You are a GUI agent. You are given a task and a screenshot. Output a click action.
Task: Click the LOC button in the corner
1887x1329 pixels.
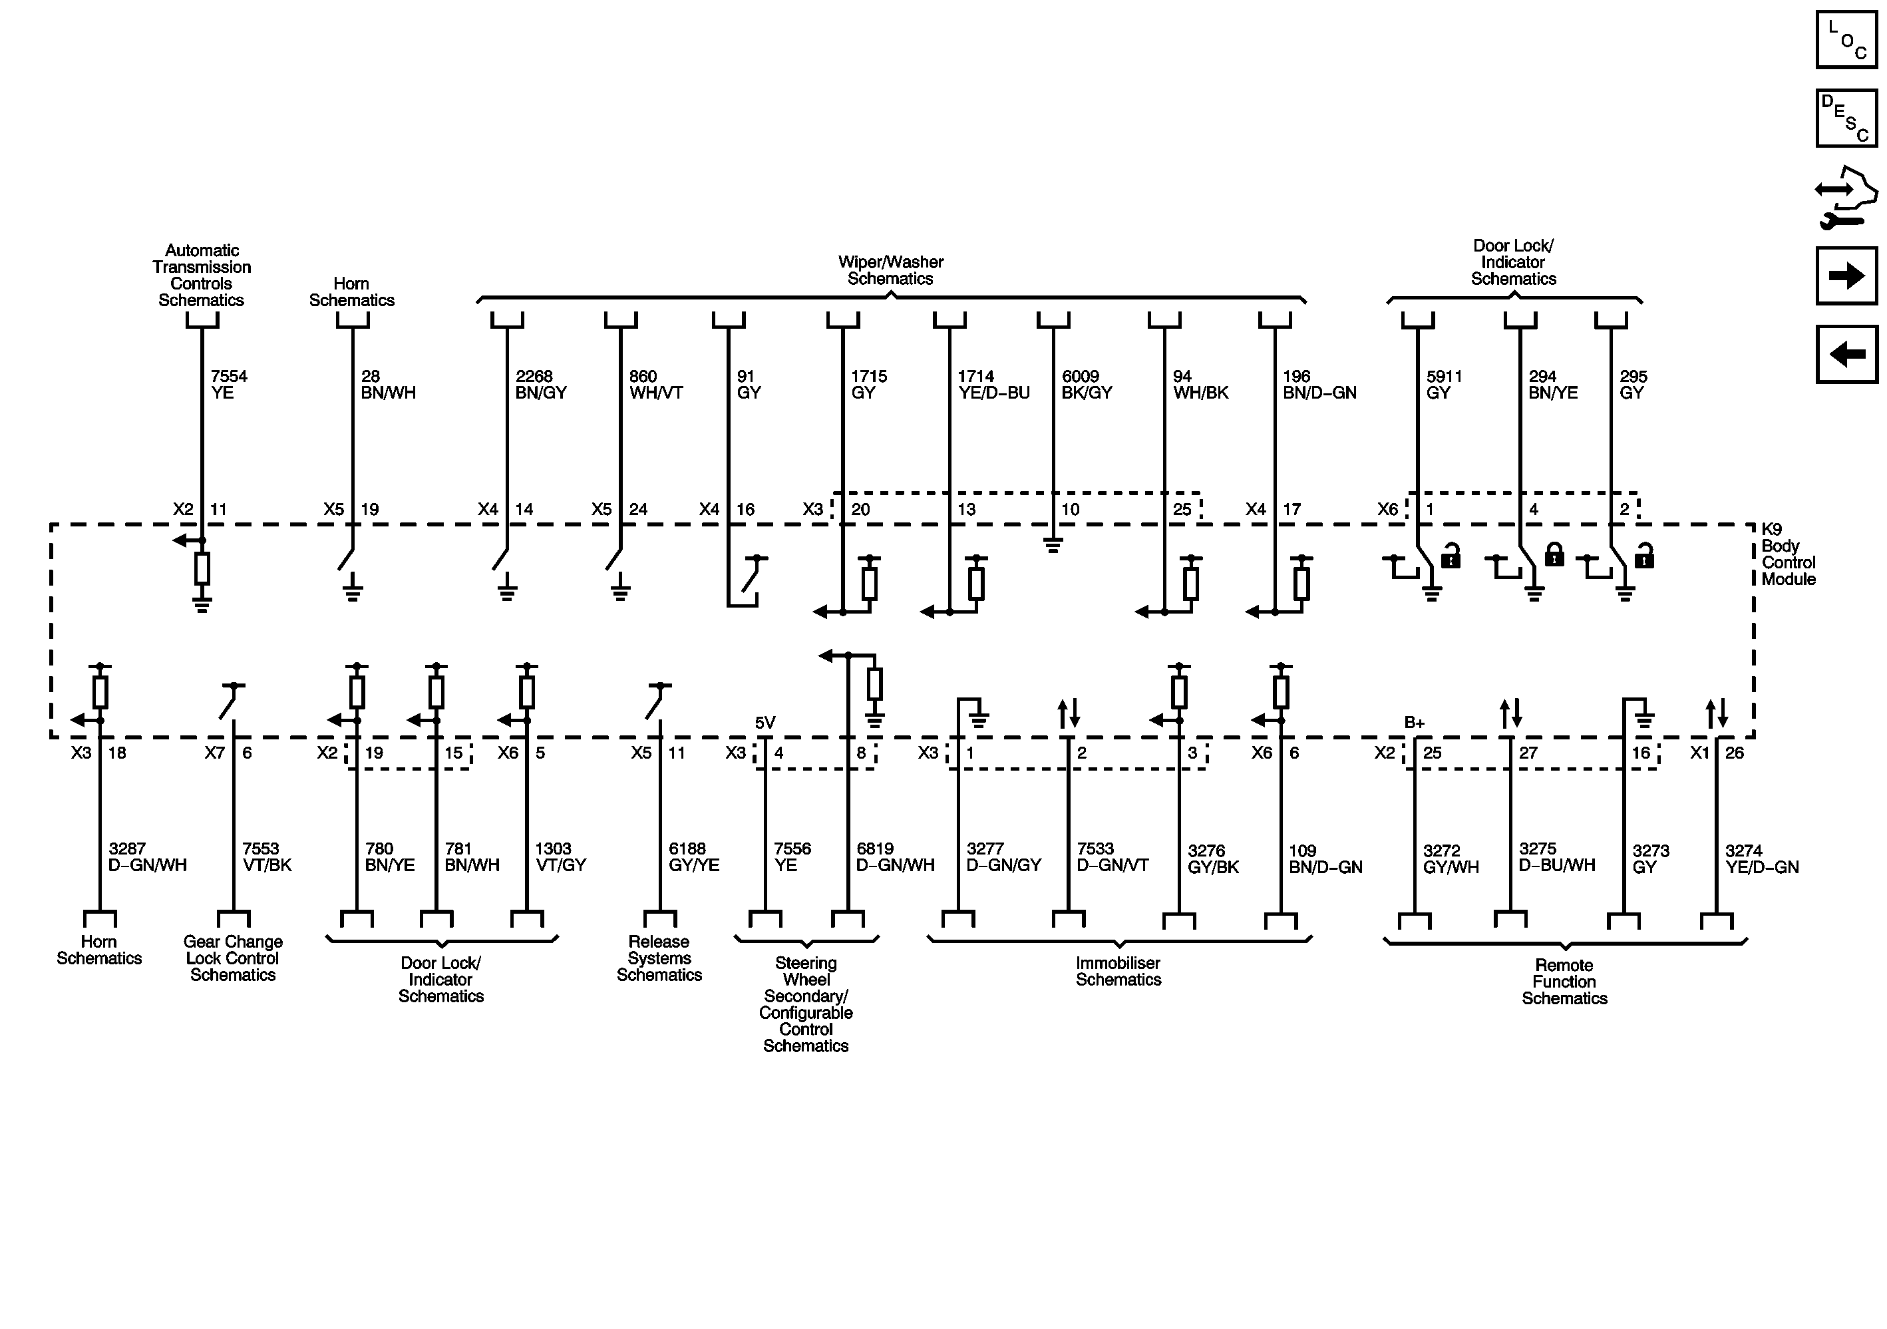coord(1846,39)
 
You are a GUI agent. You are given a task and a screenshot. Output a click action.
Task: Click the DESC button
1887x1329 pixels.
coord(1846,118)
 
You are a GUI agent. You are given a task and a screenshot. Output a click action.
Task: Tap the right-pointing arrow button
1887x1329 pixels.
coord(1846,276)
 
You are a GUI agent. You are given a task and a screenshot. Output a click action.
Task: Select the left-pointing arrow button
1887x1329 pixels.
coord(1846,354)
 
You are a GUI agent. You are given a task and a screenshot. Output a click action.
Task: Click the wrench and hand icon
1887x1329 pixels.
coord(1846,197)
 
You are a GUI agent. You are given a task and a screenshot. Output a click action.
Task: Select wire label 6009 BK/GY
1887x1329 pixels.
coord(1087,384)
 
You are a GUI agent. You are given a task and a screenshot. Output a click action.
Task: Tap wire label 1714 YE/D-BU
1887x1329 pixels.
coord(993,384)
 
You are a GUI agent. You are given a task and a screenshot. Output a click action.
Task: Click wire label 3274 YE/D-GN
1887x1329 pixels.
coord(1761,859)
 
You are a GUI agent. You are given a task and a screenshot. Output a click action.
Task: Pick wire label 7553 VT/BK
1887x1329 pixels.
coord(266,856)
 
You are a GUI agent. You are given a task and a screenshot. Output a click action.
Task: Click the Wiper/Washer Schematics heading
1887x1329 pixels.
coord(890,270)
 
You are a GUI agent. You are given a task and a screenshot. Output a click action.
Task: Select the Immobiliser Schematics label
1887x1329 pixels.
coord(1118,971)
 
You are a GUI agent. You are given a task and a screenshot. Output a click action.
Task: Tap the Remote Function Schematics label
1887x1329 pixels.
coord(1564,982)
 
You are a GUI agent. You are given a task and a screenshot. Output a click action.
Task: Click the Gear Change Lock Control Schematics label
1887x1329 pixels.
coord(233,958)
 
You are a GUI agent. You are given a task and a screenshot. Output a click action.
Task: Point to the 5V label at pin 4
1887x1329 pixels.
coord(765,723)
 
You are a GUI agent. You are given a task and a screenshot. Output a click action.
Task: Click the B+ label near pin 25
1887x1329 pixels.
coord(1414,723)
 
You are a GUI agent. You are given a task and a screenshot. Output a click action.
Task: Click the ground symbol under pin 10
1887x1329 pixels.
coord(1053,545)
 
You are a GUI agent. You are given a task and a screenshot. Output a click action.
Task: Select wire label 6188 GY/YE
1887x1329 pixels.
coord(694,856)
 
